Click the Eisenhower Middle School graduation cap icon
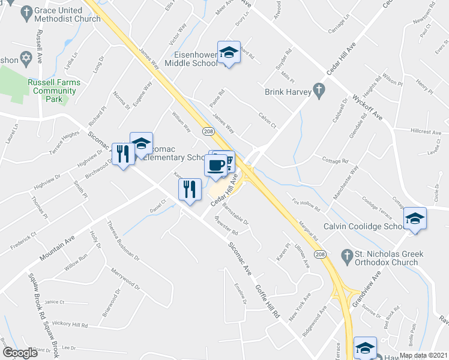click(x=229, y=53)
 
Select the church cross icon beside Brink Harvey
click(x=320, y=92)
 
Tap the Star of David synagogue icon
click(x=25, y=59)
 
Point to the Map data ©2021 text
click(x=423, y=355)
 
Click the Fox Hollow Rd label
click(x=306, y=204)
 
